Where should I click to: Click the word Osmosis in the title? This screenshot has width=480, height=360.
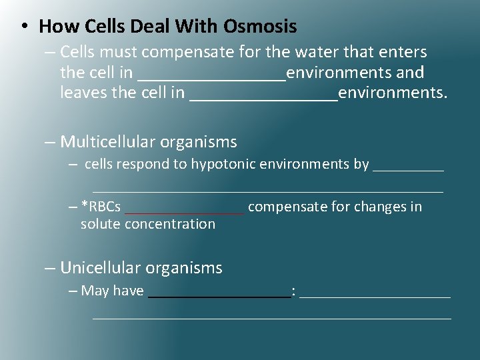click(x=260, y=27)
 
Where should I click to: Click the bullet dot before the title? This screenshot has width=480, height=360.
click(x=23, y=27)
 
